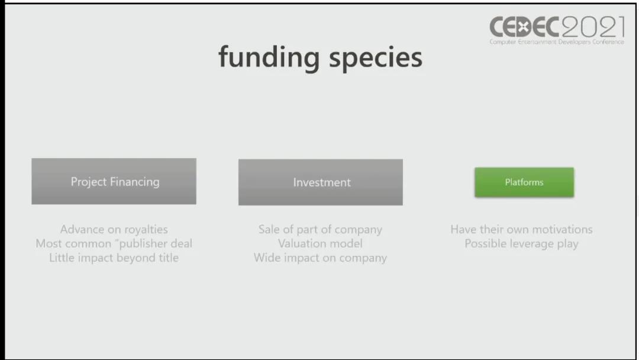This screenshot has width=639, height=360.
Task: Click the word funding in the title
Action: (x=269, y=57)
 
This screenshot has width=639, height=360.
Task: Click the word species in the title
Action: (x=375, y=59)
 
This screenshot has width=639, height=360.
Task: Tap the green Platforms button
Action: (x=524, y=182)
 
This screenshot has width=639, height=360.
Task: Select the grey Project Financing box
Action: (x=114, y=181)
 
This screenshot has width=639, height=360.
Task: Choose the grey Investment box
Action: (x=321, y=182)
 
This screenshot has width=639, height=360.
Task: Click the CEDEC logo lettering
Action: (x=524, y=27)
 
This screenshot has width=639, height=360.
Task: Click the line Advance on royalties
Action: (x=114, y=230)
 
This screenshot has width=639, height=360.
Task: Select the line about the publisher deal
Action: (x=114, y=243)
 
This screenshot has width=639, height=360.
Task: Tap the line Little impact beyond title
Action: (x=114, y=258)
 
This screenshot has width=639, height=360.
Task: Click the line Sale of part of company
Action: (x=320, y=230)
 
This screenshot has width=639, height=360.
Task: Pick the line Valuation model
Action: (x=320, y=243)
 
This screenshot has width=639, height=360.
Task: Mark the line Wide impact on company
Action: (x=320, y=258)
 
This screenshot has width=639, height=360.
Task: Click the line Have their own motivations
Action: (x=522, y=229)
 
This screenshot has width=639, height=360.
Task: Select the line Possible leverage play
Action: (x=522, y=244)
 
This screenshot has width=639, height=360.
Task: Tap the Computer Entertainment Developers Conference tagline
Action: (x=557, y=41)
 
